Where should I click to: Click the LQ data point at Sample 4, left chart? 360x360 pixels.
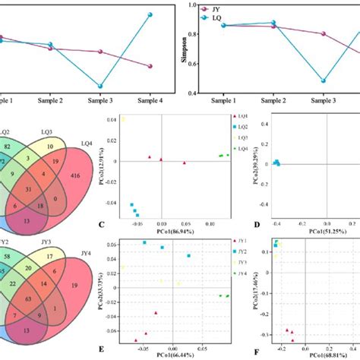pyautogui.click(x=150, y=15)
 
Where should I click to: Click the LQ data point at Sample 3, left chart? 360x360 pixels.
pyautogui.click(x=100, y=86)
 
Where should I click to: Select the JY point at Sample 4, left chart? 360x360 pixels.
pyautogui.click(x=150, y=66)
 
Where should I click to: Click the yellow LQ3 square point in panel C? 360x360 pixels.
pyautogui.click(x=124, y=119)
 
